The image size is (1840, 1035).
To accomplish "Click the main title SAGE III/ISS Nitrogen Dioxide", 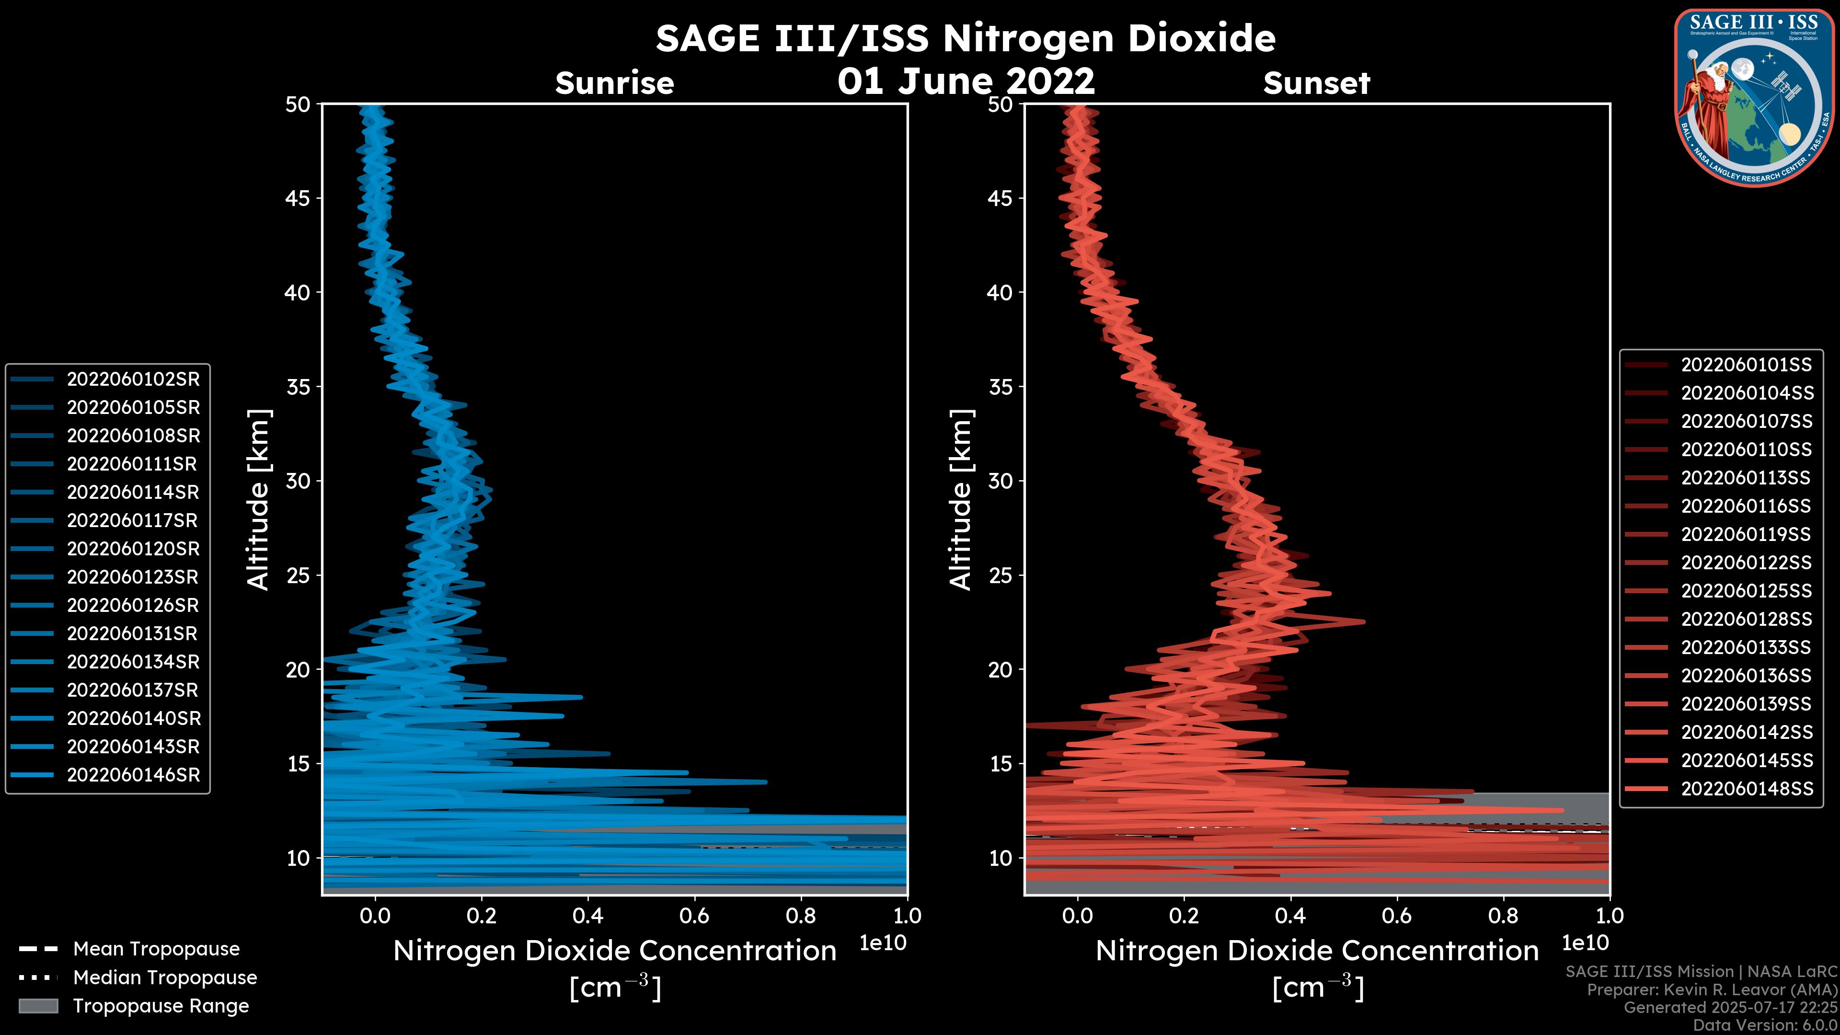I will tap(965, 38).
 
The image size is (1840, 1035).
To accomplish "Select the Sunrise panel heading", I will tap(614, 83).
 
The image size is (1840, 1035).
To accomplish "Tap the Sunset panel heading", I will tap(1316, 83).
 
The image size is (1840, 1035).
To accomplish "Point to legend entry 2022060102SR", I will tap(133, 379).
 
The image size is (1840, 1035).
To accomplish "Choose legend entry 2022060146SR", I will tap(133, 775).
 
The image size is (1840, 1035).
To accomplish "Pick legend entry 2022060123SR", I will tap(133, 577).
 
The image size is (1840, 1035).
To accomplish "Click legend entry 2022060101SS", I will tap(1747, 365).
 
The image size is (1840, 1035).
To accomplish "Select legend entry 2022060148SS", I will tap(1747, 789).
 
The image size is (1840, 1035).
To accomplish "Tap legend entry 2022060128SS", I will tap(1747, 619).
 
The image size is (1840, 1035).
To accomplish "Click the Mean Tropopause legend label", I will tap(156, 949).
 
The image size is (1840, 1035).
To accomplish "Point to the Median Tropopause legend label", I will tap(165, 978).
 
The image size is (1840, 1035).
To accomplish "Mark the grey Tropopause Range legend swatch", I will tap(38, 1006).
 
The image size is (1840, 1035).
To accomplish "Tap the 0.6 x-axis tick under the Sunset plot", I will tap(1396, 916).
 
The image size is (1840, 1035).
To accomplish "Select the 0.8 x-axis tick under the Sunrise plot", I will tap(800, 916).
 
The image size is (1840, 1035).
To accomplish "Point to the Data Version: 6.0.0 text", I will tap(1766, 1025).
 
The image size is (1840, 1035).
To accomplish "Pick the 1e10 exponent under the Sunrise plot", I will tap(883, 943).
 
